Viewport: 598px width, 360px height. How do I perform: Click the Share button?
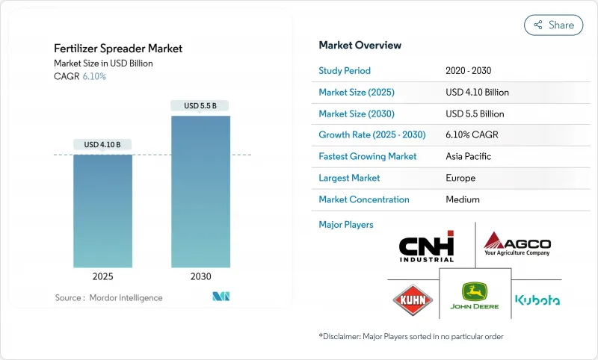(554, 25)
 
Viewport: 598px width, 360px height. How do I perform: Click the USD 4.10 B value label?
(102, 144)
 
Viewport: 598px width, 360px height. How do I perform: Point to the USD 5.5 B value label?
(200, 106)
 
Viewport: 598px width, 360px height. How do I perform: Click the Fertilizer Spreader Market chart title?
(118, 49)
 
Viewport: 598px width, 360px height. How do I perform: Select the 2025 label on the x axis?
(102, 276)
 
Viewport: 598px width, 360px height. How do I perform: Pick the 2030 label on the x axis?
(200, 276)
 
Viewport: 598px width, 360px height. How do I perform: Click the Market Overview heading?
(360, 46)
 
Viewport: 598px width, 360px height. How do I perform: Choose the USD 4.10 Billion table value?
(477, 93)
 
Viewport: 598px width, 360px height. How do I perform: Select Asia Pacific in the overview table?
(468, 157)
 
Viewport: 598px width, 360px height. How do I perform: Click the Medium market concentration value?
(462, 199)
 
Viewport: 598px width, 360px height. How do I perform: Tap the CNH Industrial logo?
(426, 246)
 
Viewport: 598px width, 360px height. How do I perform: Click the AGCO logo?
(517, 243)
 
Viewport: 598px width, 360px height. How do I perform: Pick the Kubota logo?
(537, 300)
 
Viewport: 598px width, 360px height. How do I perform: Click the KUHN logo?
(413, 300)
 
